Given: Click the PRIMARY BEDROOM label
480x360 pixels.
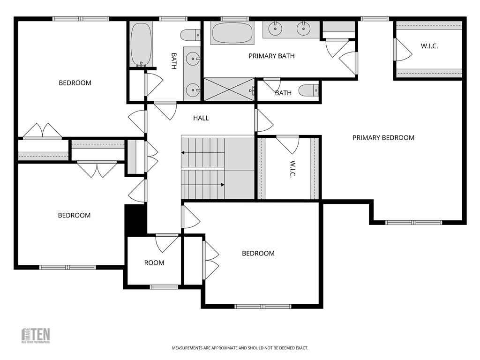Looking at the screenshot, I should click(x=383, y=138).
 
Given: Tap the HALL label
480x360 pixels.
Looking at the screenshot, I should click(x=201, y=118).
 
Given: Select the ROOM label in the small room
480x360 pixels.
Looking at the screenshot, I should click(x=154, y=262).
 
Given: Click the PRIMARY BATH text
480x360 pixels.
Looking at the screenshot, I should click(x=271, y=56).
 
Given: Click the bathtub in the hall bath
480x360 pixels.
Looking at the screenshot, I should click(x=140, y=43).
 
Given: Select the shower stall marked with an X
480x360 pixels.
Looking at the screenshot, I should click(x=230, y=89).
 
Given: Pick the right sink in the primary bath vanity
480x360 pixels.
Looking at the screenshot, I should click(x=304, y=29).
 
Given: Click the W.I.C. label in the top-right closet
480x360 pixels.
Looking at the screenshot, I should click(x=429, y=46).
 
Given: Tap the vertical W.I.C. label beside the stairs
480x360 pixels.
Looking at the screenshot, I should click(x=292, y=169).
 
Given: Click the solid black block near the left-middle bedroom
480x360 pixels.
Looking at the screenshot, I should click(x=135, y=219).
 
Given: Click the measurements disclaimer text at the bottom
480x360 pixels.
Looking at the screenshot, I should click(x=240, y=348).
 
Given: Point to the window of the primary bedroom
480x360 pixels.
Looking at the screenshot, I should click(x=413, y=222).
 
